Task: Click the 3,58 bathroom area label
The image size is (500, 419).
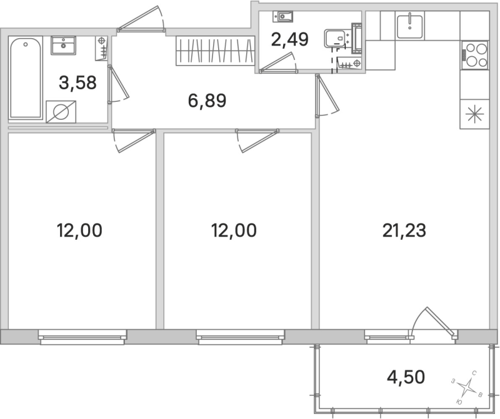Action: [x=78, y=82]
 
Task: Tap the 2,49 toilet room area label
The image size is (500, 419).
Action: [x=289, y=39]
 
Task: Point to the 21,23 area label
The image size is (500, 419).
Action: [x=404, y=231]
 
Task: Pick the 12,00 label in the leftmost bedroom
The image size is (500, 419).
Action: [x=79, y=231]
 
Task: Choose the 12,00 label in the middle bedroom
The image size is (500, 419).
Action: [x=234, y=231]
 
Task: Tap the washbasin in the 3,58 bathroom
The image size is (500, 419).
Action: [x=62, y=45]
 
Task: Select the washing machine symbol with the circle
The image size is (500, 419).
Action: [x=62, y=112]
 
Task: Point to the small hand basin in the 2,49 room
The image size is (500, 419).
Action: [x=286, y=17]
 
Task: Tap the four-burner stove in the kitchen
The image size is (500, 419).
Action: [x=474, y=54]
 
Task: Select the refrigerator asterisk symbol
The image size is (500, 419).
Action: [x=474, y=114]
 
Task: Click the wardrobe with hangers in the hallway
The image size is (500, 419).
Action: [x=214, y=50]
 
